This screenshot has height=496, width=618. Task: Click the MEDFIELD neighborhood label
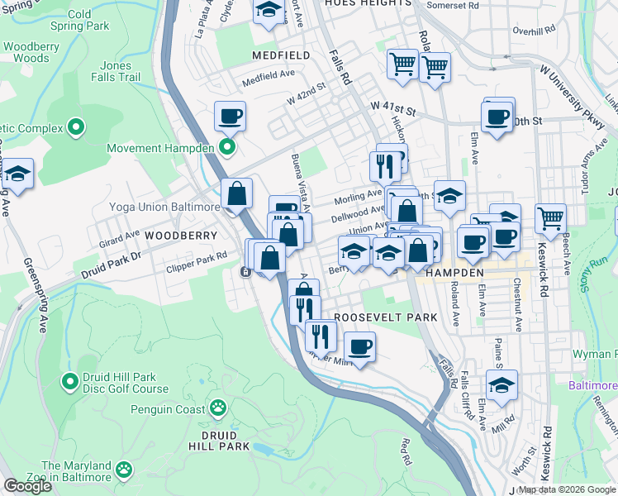coord(281,55)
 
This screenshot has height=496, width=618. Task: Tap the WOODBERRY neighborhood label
coord(174,236)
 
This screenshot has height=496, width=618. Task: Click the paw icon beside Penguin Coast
coord(218,408)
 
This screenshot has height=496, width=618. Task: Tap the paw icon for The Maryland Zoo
coord(124,470)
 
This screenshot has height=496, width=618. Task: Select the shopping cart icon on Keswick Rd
coord(550,219)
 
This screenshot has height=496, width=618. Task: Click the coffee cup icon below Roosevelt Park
coord(359,346)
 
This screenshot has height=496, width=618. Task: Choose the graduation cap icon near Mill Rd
coord(502,384)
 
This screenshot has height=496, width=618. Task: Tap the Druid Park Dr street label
coord(112,263)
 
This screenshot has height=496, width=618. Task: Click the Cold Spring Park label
coord(79,21)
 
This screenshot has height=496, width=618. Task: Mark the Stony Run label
coord(601,266)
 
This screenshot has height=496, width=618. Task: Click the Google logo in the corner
coord(28,486)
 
